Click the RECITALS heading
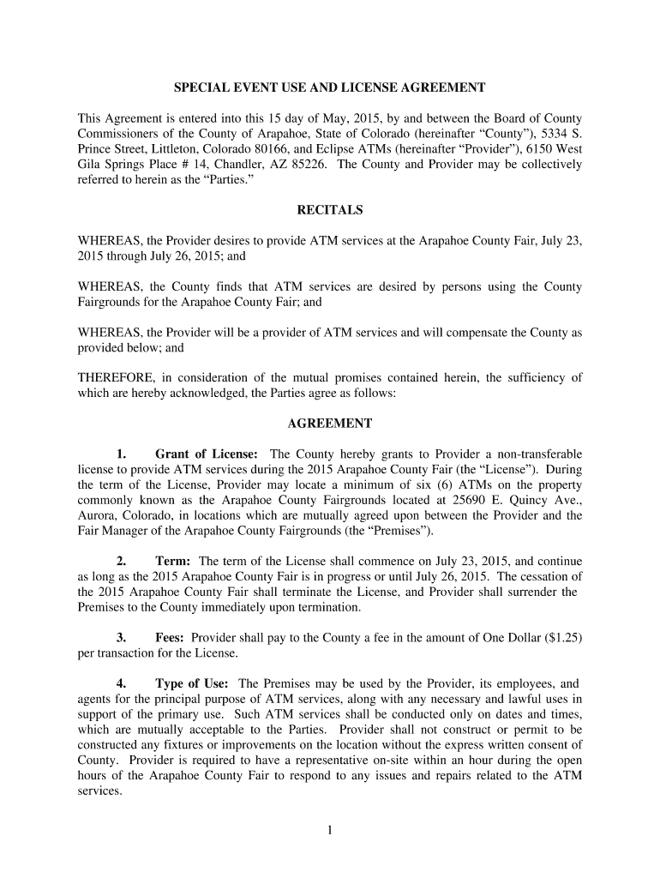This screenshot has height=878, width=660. point(330,209)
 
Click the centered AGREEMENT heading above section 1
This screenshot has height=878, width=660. point(330,424)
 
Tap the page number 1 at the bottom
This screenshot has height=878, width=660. point(330,830)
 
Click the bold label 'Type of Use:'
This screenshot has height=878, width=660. point(191,683)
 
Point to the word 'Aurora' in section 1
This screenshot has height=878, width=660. point(96,515)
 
